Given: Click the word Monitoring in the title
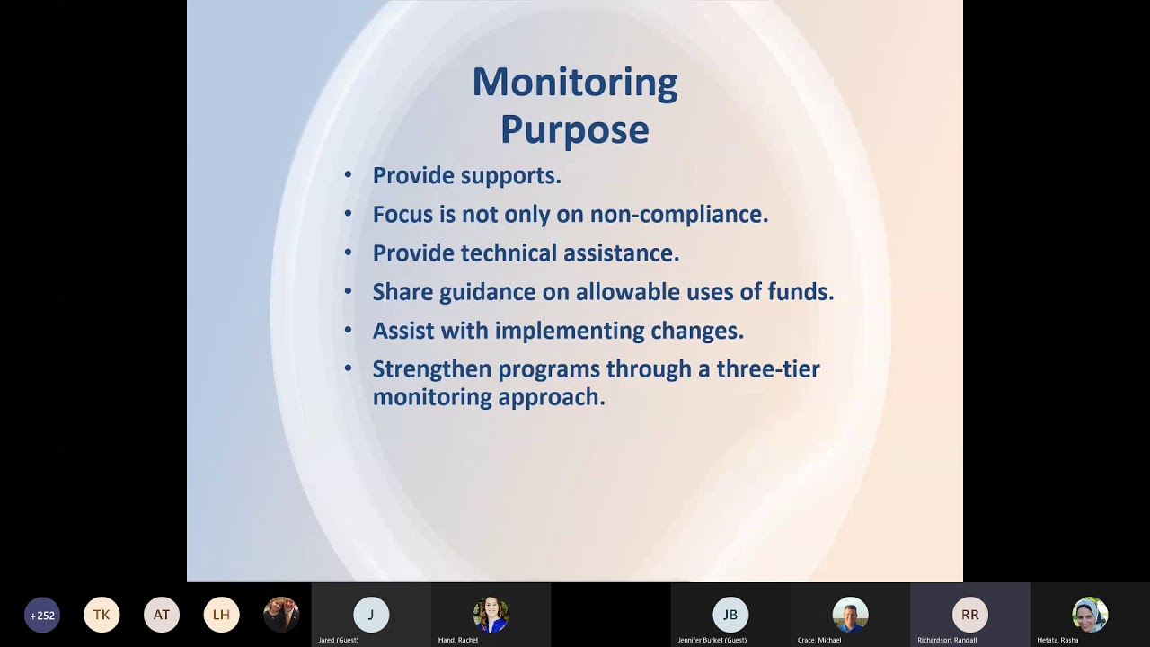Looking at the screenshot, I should point(575,83).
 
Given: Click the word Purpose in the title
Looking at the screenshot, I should point(575,129).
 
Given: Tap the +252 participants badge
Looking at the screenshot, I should point(42,615).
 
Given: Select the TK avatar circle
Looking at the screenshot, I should point(102,615).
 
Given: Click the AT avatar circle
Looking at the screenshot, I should point(162,615).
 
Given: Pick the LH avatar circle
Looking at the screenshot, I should point(221,615).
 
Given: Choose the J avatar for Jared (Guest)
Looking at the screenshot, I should point(371,615).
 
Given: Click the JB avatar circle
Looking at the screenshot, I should point(730,615).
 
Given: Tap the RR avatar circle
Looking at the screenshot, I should point(970,615).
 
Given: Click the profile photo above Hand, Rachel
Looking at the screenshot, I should point(491,615).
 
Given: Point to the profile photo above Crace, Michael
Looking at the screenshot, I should point(850,615).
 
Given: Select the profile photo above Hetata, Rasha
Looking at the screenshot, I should point(1090,615).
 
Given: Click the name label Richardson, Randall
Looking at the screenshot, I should point(947,640).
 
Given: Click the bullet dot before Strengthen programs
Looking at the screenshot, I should point(349,368).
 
